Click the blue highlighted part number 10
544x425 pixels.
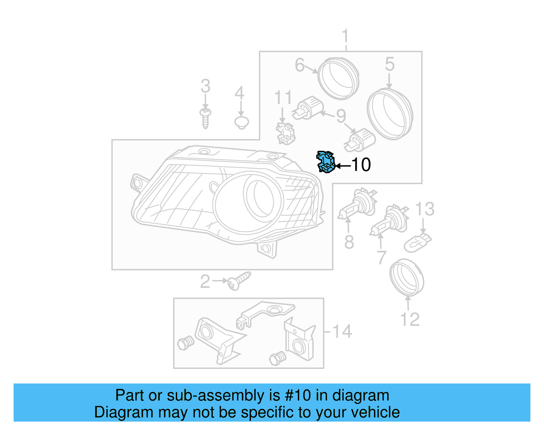coord(325,162)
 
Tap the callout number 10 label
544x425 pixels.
coord(361,165)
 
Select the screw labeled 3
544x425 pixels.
coord(205,118)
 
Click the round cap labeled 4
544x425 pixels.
coord(241,122)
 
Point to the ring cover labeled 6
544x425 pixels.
coord(338,79)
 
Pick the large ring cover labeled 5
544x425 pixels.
coord(390,114)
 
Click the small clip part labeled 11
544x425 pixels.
coord(285,133)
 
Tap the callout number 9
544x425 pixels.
coord(341,116)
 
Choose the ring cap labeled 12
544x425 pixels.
coord(406,277)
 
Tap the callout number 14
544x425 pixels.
coord(342,331)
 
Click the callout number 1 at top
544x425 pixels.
coord(345,36)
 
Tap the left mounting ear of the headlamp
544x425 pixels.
coord(137,183)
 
